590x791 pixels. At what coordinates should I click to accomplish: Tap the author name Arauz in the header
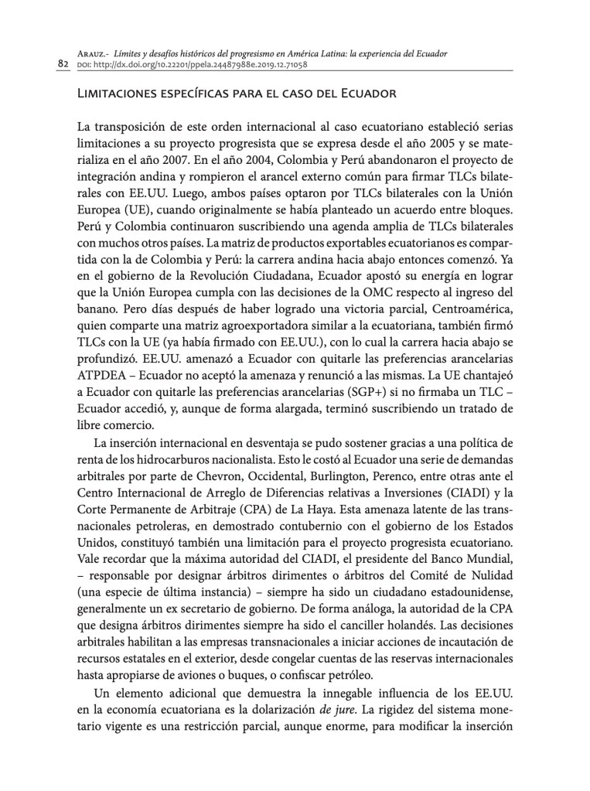click(94, 53)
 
